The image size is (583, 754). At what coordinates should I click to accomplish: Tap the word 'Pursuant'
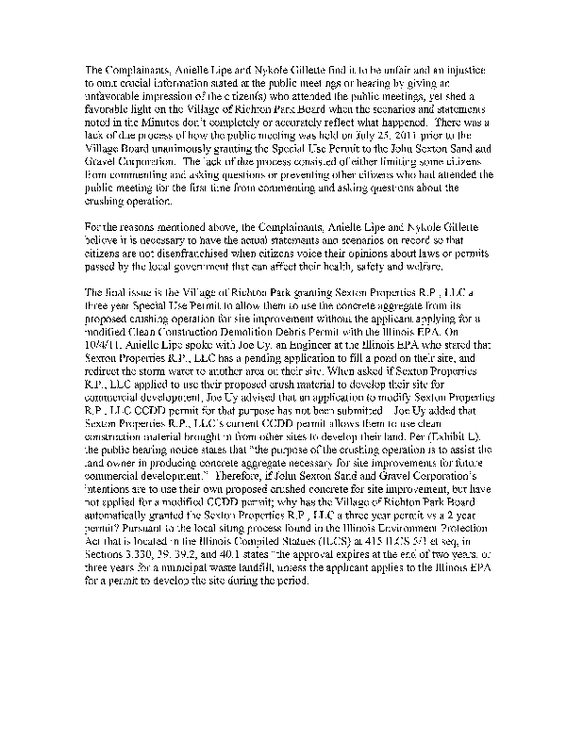point(144,532)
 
